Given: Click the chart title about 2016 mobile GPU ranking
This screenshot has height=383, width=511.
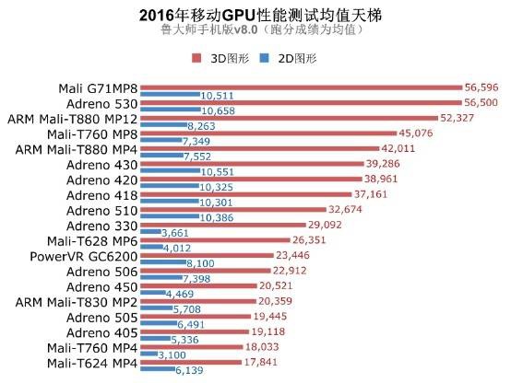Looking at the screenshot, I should (255, 15).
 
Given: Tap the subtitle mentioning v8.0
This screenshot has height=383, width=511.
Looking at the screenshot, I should (255, 30).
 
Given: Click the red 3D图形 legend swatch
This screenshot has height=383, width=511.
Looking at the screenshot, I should (196, 58).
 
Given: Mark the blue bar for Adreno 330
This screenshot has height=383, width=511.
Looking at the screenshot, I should (149, 233).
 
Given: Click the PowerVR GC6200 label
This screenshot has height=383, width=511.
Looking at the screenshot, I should (84, 256).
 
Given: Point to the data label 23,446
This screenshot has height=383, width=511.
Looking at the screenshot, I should (295, 255).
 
